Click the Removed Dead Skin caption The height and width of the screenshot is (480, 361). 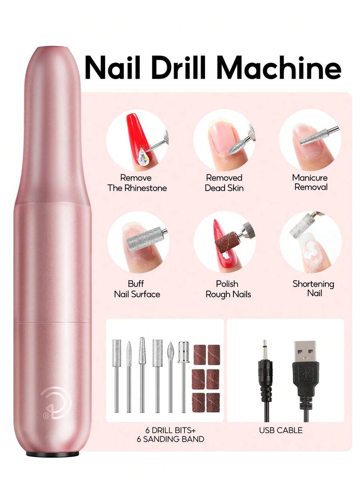[224, 183]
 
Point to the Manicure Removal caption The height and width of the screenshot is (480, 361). [310, 182]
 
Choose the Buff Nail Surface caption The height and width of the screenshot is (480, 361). [137, 289]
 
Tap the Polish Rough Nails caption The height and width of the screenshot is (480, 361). [228, 289]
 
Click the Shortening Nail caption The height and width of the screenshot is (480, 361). [313, 288]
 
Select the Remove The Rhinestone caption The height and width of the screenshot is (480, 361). [137, 183]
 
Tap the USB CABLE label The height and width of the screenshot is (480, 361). [281, 430]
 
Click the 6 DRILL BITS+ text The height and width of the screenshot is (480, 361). [170, 430]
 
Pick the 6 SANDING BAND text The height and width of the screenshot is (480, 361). [170, 439]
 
